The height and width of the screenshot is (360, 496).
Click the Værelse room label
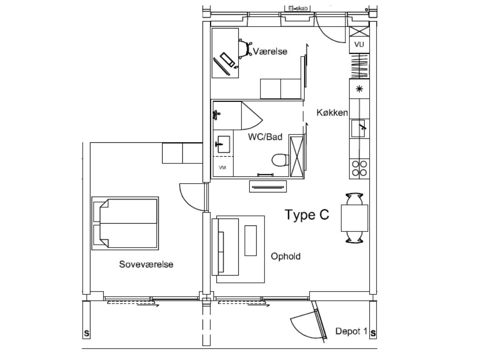pos(270,51)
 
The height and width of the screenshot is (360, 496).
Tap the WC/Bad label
pos(265,137)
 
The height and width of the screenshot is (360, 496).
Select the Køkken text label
pos(332,112)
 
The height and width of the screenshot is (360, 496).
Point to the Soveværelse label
pos(146,264)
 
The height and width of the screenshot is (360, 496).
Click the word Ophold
pos(286,256)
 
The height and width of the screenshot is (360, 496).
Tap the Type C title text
pos(307,214)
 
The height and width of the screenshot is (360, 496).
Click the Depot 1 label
pos(351,331)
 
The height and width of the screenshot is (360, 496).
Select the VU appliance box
pos(359,45)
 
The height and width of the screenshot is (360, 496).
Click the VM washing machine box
pos(223,167)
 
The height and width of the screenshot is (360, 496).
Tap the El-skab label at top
pos(298,9)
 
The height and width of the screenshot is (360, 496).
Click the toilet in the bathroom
pos(280,160)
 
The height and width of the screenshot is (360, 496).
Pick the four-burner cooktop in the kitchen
pos(359,169)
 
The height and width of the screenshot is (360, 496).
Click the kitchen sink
pos(358,128)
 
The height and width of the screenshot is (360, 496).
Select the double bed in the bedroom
pos(125,223)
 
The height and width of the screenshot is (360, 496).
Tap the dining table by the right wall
pos(354,218)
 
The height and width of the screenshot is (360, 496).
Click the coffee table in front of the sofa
pos(251,241)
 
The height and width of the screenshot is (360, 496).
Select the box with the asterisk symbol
pos(359,89)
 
